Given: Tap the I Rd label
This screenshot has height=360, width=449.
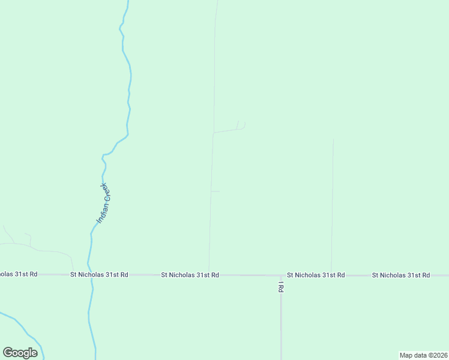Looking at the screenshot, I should click(x=280, y=287).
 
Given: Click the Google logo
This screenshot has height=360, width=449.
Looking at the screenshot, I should click(x=20, y=352).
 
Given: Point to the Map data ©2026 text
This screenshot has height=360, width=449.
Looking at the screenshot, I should click(x=424, y=355).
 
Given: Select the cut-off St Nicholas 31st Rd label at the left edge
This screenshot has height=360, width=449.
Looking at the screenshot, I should click(x=19, y=274).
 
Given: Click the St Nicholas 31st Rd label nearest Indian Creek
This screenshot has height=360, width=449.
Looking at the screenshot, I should click(x=99, y=275).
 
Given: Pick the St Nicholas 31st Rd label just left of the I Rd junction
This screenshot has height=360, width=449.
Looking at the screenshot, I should click(x=190, y=275).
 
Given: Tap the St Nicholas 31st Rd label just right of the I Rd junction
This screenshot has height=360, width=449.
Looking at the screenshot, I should click(x=316, y=275).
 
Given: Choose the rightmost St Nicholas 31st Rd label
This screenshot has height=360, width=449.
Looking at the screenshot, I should click(x=400, y=275).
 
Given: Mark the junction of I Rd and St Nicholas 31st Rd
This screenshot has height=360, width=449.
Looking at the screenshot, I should click(x=281, y=275).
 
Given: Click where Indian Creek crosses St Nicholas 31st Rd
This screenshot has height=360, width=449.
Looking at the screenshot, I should click(x=90, y=275).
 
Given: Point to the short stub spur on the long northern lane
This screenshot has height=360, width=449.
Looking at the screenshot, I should click(x=215, y=191).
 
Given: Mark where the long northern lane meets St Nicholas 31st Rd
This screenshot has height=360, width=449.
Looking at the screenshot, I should click(x=209, y=275).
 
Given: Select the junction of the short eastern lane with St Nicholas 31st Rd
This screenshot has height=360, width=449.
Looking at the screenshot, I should click(x=331, y=275).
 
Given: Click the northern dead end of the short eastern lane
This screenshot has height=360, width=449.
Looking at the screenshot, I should click(x=333, y=140).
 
